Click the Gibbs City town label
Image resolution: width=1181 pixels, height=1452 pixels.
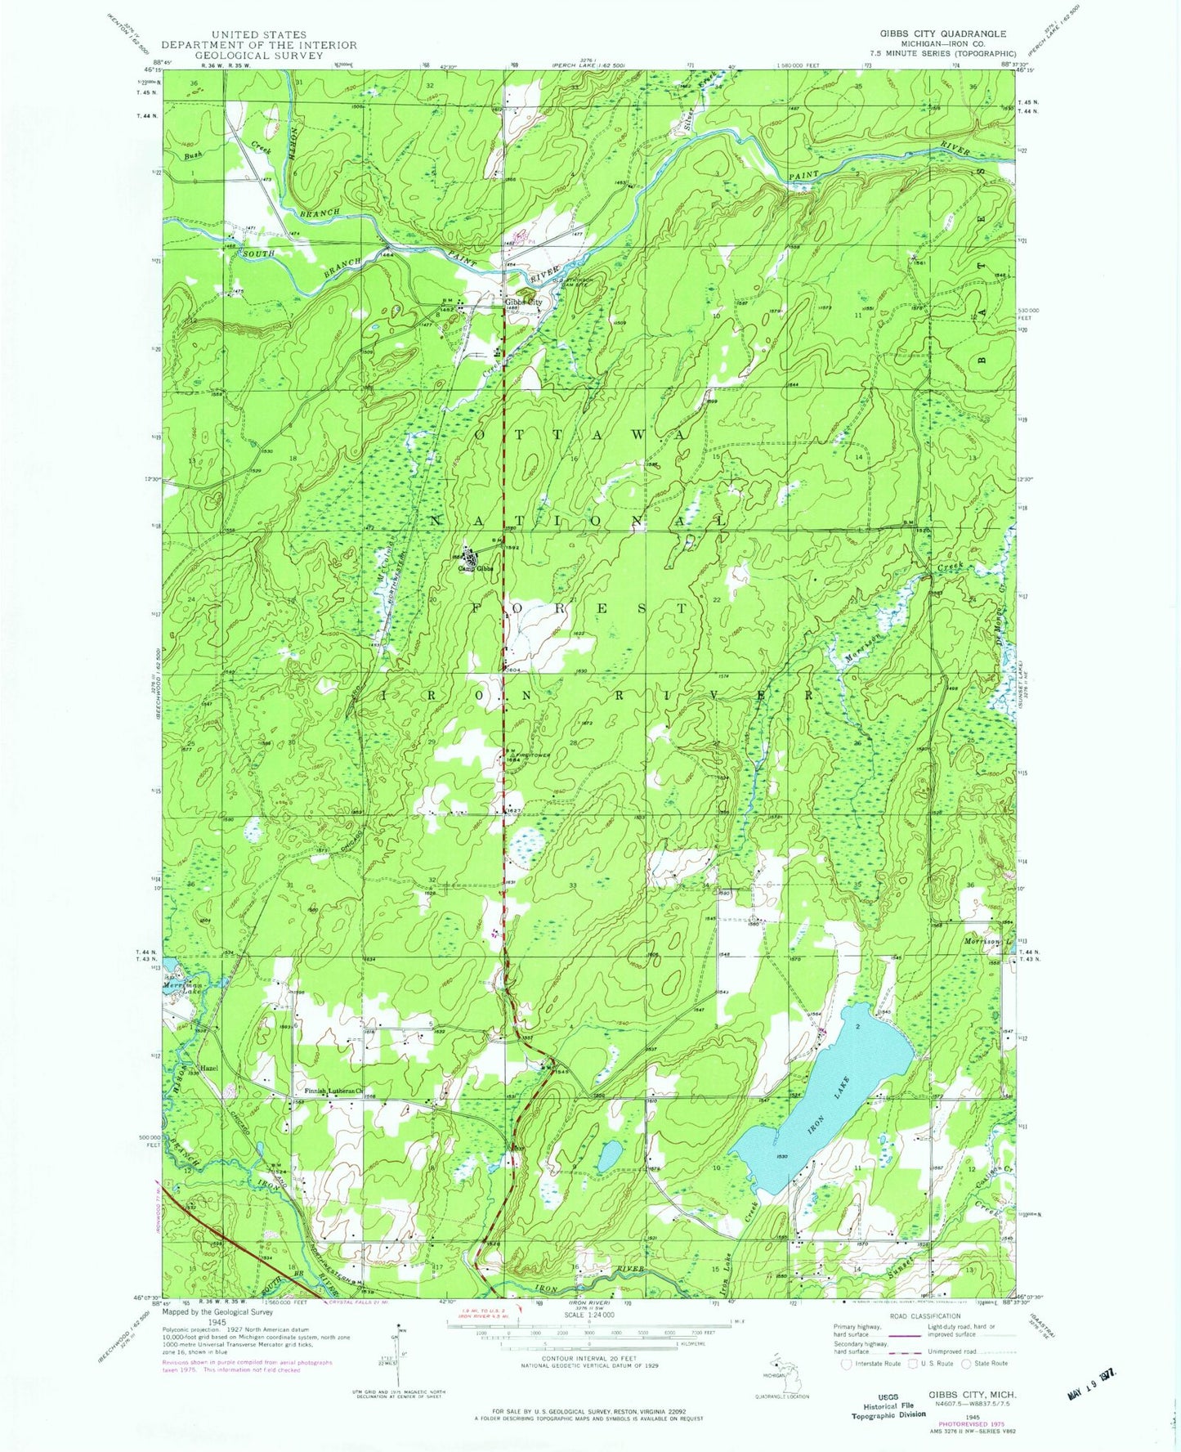click(523, 302)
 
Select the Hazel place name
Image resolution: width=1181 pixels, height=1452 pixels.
click(211, 1069)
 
